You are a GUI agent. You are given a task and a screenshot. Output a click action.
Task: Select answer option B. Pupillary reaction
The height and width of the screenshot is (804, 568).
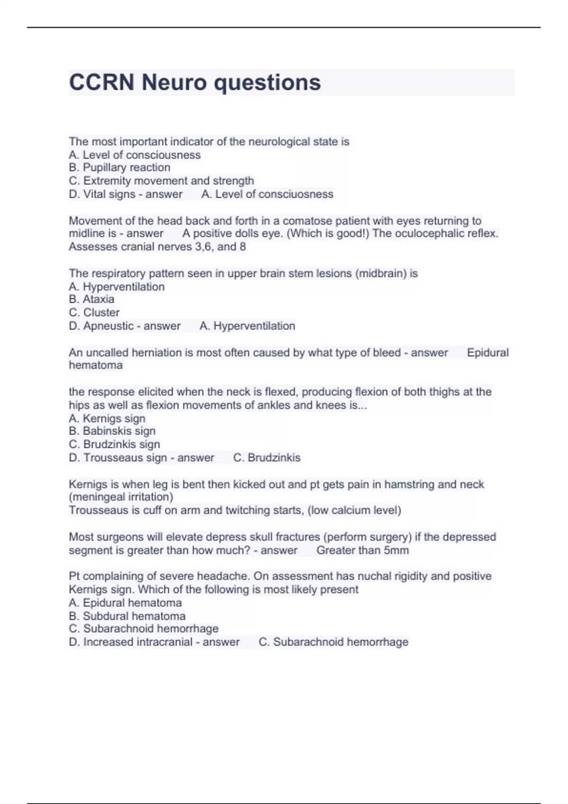tap(119, 167)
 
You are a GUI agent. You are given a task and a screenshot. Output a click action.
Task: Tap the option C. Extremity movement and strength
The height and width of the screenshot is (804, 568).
tap(161, 181)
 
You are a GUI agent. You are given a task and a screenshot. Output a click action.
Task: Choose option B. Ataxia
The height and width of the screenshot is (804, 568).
tap(91, 299)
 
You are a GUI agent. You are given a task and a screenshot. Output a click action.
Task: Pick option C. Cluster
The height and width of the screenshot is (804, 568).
tap(94, 313)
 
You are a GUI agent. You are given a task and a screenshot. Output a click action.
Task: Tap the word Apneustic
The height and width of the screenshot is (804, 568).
tap(108, 326)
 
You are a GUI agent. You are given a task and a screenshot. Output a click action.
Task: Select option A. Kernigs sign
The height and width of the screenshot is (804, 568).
tap(107, 419)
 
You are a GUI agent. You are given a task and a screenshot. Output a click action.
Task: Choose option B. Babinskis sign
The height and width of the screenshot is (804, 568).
tap(112, 431)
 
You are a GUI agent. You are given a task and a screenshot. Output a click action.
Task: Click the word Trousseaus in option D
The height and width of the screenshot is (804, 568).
tap(112, 458)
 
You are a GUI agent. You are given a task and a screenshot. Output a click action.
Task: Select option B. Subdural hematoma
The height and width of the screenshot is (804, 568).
tap(127, 616)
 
